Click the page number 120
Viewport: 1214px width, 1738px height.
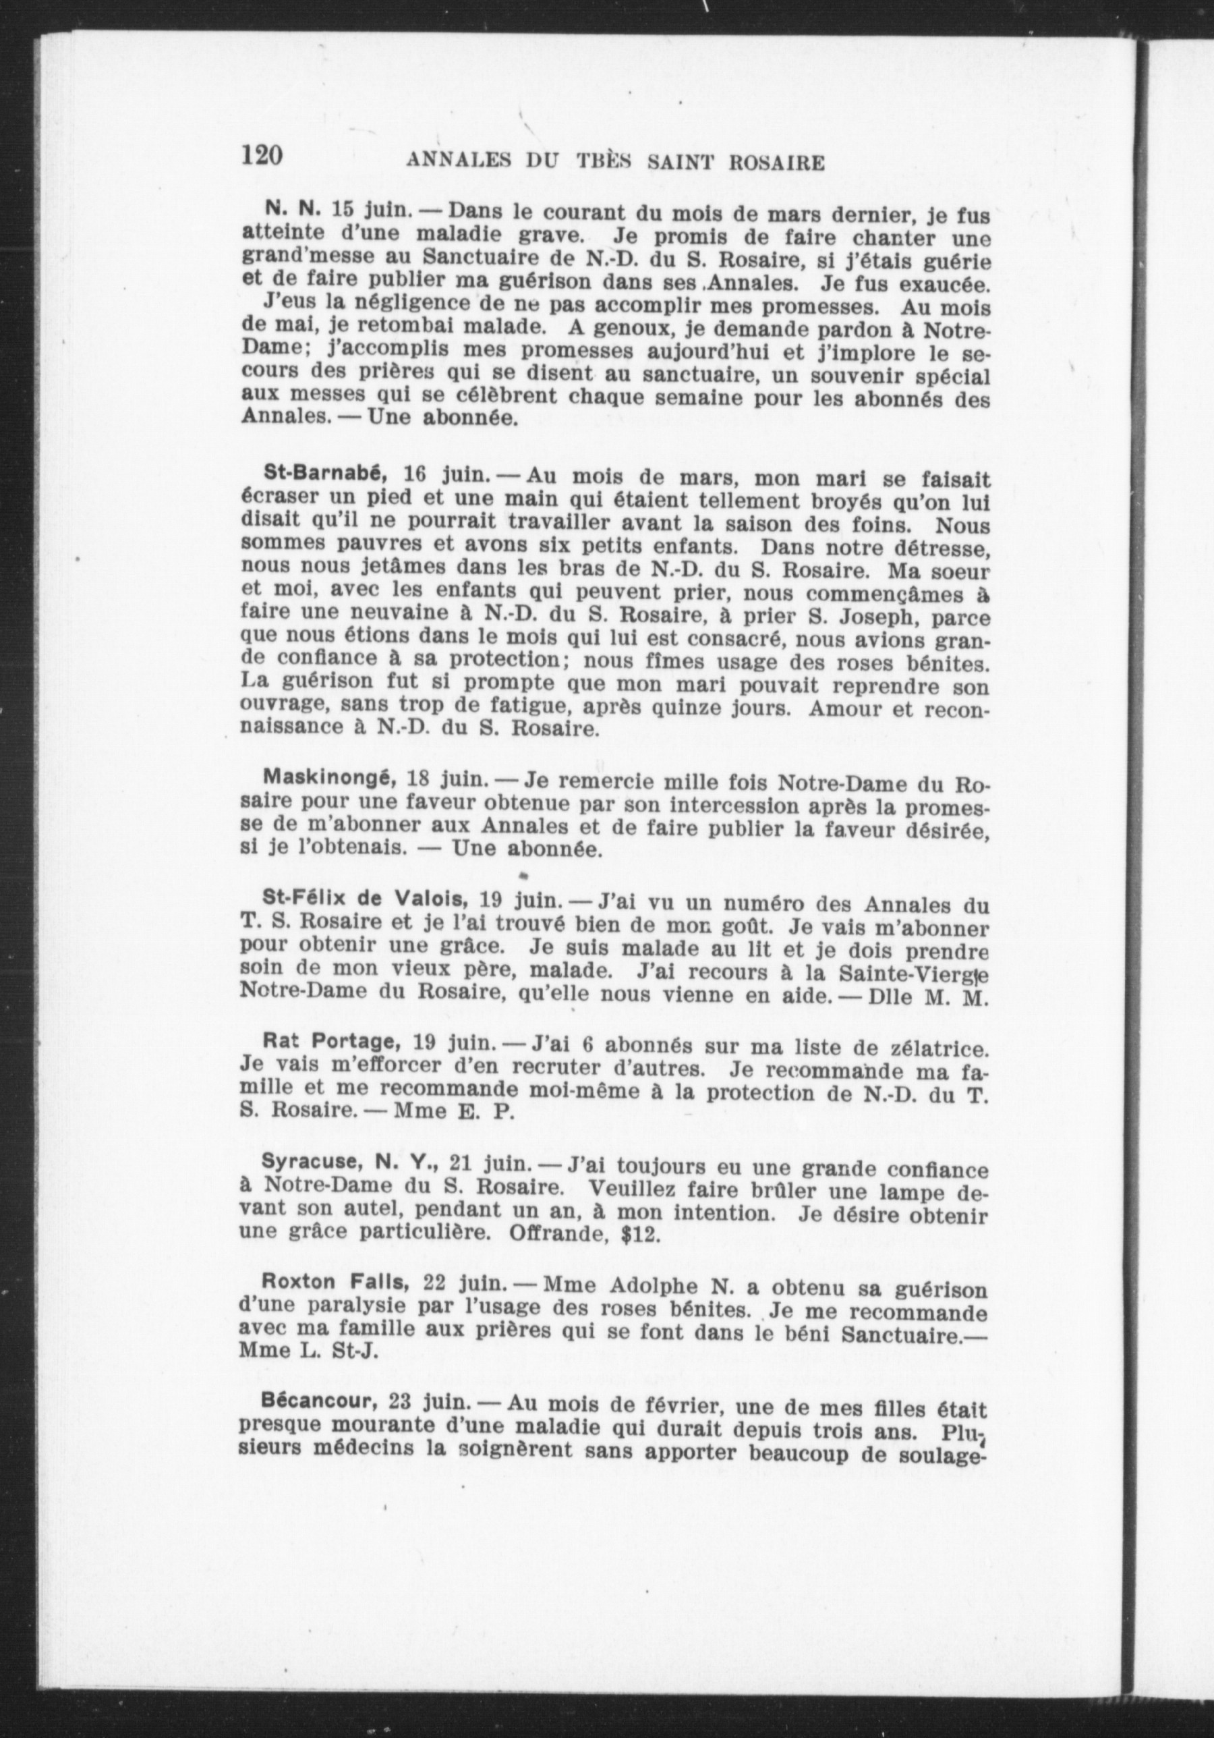(x=262, y=155)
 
